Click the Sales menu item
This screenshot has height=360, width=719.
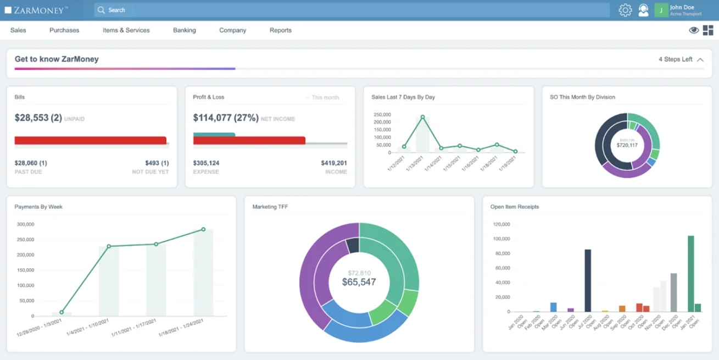pyautogui.click(x=18, y=30)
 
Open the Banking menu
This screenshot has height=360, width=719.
pyautogui.click(x=184, y=30)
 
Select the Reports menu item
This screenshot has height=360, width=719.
pyautogui.click(x=280, y=30)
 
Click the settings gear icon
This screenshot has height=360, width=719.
pyautogui.click(x=625, y=10)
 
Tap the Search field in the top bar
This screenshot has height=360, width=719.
pyautogui.click(x=352, y=10)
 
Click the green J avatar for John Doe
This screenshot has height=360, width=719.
pyautogui.click(x=661, y=10)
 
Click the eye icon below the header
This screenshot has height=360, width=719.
pyautogui.click(x=694, y=30)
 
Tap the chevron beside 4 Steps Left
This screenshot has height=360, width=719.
pyautogui.click(x=700, y=59)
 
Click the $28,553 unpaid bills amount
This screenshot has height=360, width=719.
pyautogui.click(x=38, y=118)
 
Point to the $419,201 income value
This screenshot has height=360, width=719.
pyautogui.click(x=334, y=163)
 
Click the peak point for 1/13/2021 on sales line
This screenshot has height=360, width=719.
pyautogui.click(x=422, y=117)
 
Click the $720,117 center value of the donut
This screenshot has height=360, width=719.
pyautogui.click(x=627, y=145)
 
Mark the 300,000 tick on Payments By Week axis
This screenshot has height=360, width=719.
pyautogui.click(x=25, y=224)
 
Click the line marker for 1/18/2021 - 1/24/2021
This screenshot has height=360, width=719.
pyautogui.click(x=203, y=229)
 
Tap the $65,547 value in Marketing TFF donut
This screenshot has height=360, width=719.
pyautogui.click(x=359, y=282)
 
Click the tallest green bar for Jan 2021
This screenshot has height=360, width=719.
pyautogui.click(x=690, y=274)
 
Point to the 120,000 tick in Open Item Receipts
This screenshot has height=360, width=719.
pyautogui.click(x=502, y=224)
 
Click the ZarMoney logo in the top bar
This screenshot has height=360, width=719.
pyautogui.click(x=36, y=10)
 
